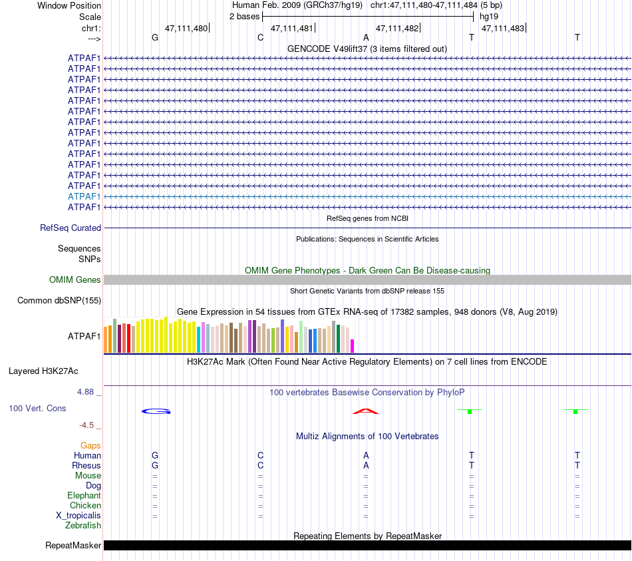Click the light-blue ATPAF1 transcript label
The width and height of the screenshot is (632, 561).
point(84,196)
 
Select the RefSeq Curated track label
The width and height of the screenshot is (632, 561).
point(71,228)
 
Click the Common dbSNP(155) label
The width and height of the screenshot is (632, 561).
point(59,300)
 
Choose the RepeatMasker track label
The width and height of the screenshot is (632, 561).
point(73,546)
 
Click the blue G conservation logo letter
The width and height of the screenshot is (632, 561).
point(156,411)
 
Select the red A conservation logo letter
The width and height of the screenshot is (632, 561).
point(365,411)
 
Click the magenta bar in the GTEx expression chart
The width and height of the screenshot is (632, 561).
point(353,346)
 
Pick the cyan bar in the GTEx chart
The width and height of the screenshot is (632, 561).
point(199,339)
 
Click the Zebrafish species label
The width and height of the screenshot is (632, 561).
point(83,526)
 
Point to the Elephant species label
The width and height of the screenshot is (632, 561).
point(84,496)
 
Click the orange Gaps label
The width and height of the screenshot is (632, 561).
point(90,445)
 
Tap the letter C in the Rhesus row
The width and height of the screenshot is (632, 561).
point(261,465)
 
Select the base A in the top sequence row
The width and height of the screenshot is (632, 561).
point(366,37)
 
